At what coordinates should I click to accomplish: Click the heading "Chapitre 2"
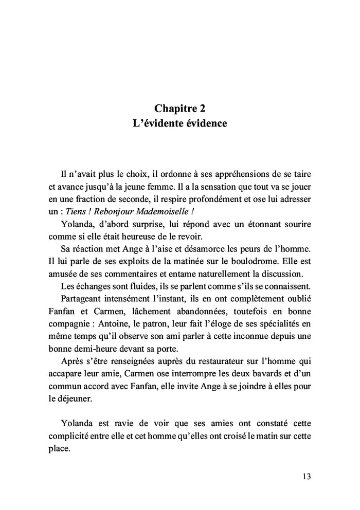point(180,108)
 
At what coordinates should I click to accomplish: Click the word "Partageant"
point(84,299)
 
